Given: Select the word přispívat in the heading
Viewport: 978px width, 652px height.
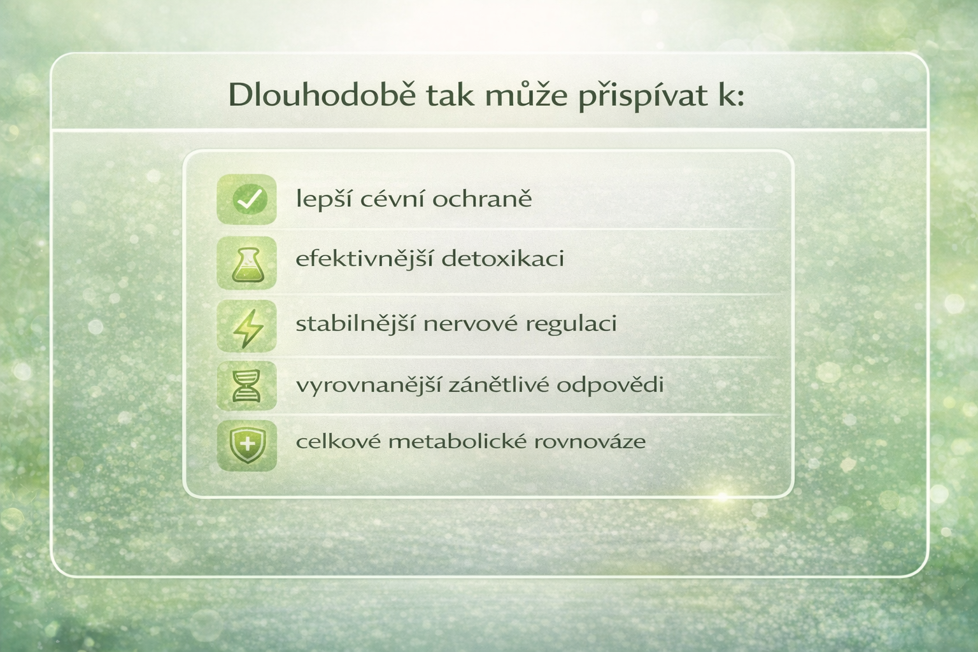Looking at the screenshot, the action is coord(643,96).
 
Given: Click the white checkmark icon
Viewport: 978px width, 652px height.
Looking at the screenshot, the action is coord(250,199).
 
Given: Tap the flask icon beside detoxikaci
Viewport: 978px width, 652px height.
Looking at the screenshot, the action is coord(247,264).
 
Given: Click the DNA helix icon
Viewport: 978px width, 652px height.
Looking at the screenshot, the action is coord(247,386).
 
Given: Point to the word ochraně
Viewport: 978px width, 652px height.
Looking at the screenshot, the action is coord(482,199).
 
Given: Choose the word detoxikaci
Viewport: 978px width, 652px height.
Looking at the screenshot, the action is coord(503,259).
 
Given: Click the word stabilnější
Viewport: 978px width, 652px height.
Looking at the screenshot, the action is coord(355,324).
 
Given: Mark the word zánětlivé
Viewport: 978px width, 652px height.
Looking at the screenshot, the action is coord(498,385).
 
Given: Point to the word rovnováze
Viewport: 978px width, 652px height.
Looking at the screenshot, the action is coord(590,442).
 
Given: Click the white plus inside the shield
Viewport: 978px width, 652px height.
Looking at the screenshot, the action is coord(248,445).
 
